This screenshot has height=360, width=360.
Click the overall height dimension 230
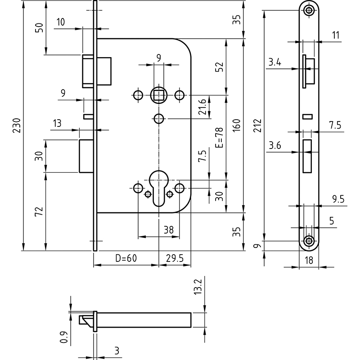(17, 126)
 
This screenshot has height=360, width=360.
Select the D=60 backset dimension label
(126, 258)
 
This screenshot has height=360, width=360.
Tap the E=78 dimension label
(219, 138)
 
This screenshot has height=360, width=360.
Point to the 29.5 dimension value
(175, 258)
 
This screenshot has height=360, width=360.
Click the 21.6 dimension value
(202, 107)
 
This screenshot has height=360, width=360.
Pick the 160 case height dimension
(236, 126)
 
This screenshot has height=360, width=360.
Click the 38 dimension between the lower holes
(169, 230)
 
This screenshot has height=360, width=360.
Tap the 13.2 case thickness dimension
(198, 287)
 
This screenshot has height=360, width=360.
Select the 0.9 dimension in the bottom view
(64, 337)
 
